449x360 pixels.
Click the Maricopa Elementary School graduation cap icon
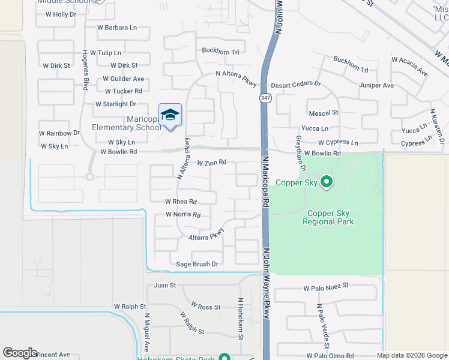[170, 115]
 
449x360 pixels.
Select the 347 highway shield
[264, 97]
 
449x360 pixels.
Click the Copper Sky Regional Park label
[330, 217]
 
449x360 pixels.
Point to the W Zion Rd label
[211, 163]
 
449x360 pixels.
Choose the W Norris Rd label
[183, 214]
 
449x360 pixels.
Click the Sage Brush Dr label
[197, 264]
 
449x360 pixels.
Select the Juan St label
[165, 286]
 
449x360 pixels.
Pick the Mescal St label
[324, 112]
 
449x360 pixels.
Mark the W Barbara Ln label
[117, 28]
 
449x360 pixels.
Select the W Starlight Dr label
[116, 104]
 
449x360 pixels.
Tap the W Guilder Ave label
[123, 79]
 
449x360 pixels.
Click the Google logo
[20, 353]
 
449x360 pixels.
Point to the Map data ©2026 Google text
[412, 355]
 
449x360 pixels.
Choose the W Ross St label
[206, 307]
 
